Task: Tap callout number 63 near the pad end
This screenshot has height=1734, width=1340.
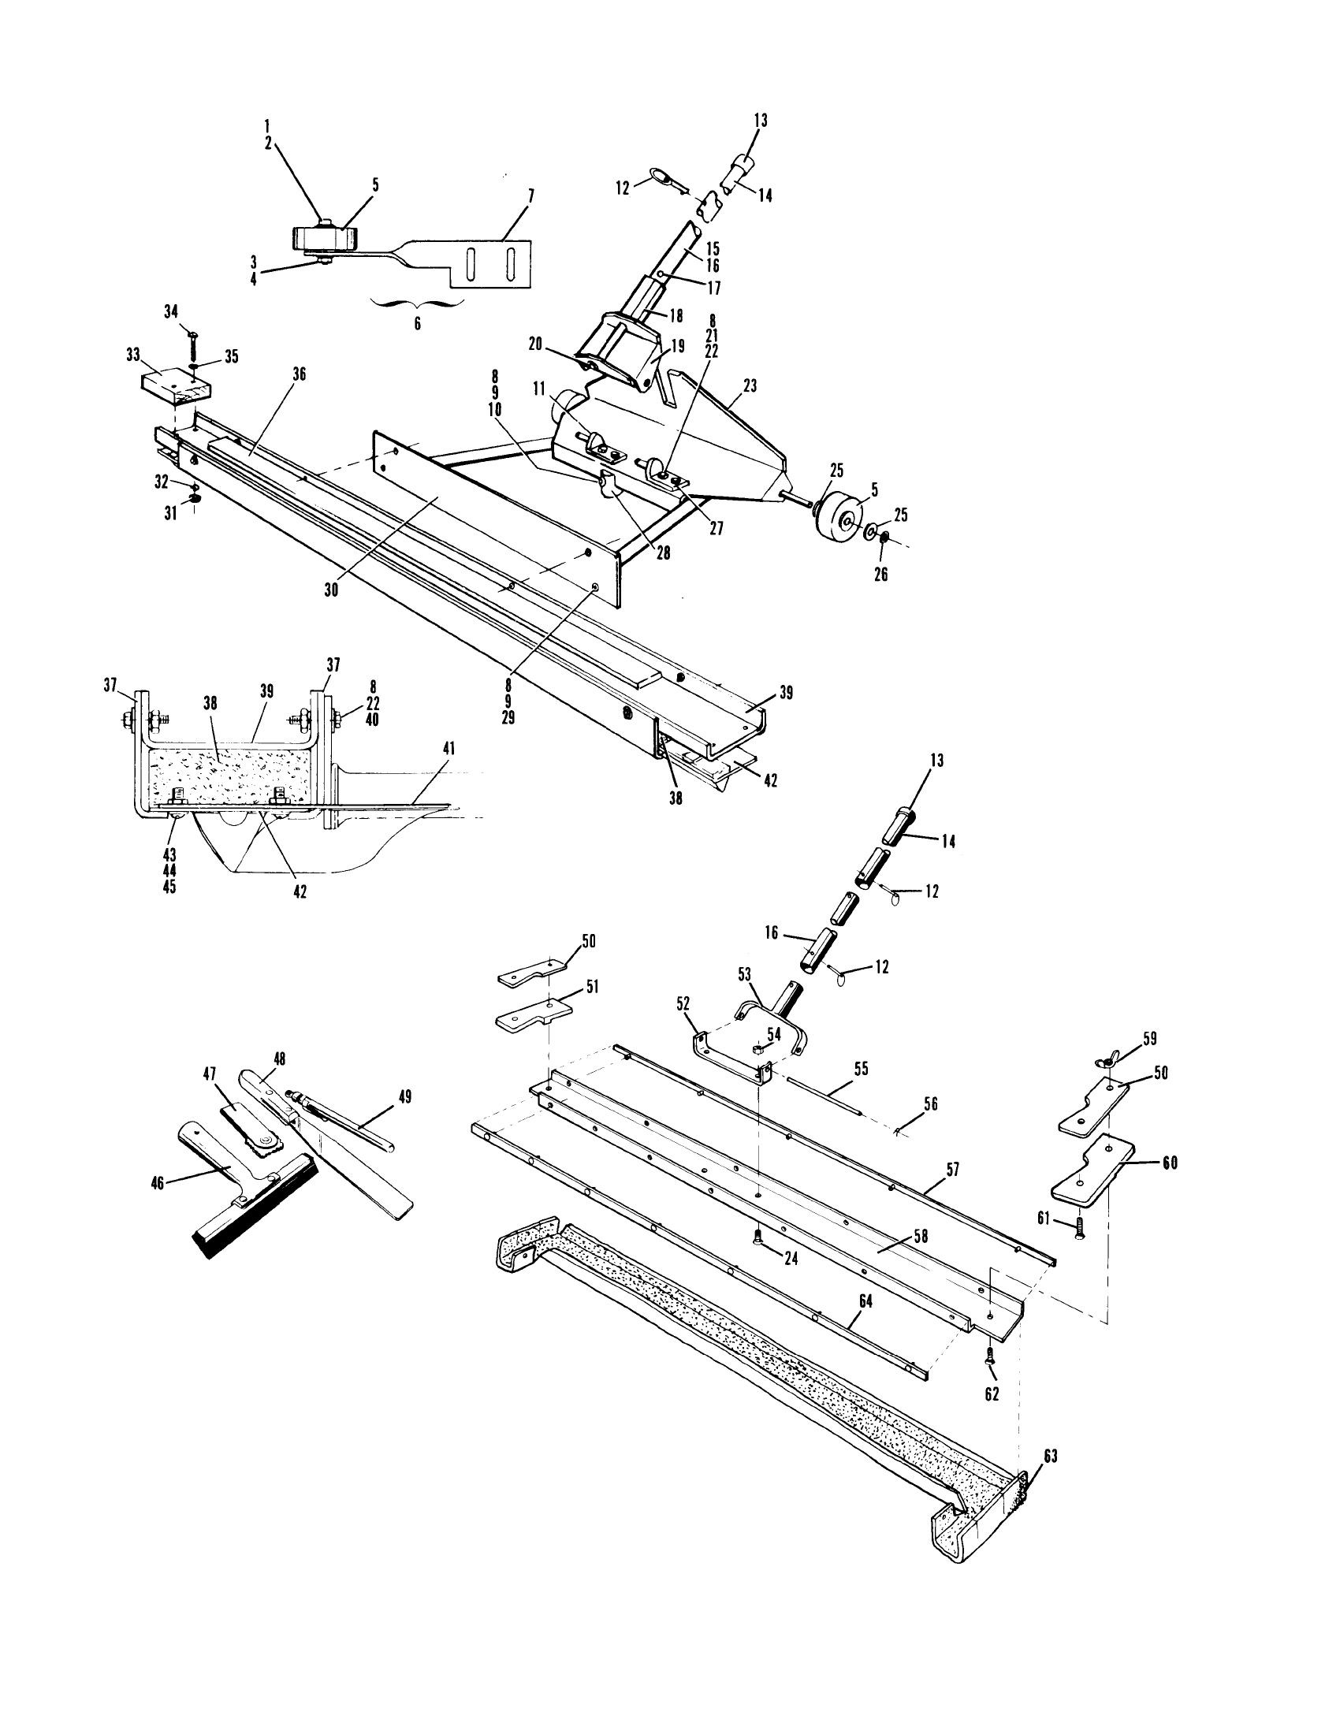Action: point(1050,1456)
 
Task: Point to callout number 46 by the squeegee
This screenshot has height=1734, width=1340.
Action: point(157,1205)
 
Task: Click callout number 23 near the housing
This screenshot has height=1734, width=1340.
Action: point(750,386)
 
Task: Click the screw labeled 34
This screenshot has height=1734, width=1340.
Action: point(193,344)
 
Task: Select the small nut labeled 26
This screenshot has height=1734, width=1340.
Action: point(884,540)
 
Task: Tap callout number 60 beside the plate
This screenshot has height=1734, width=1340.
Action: point(1168,1163)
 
